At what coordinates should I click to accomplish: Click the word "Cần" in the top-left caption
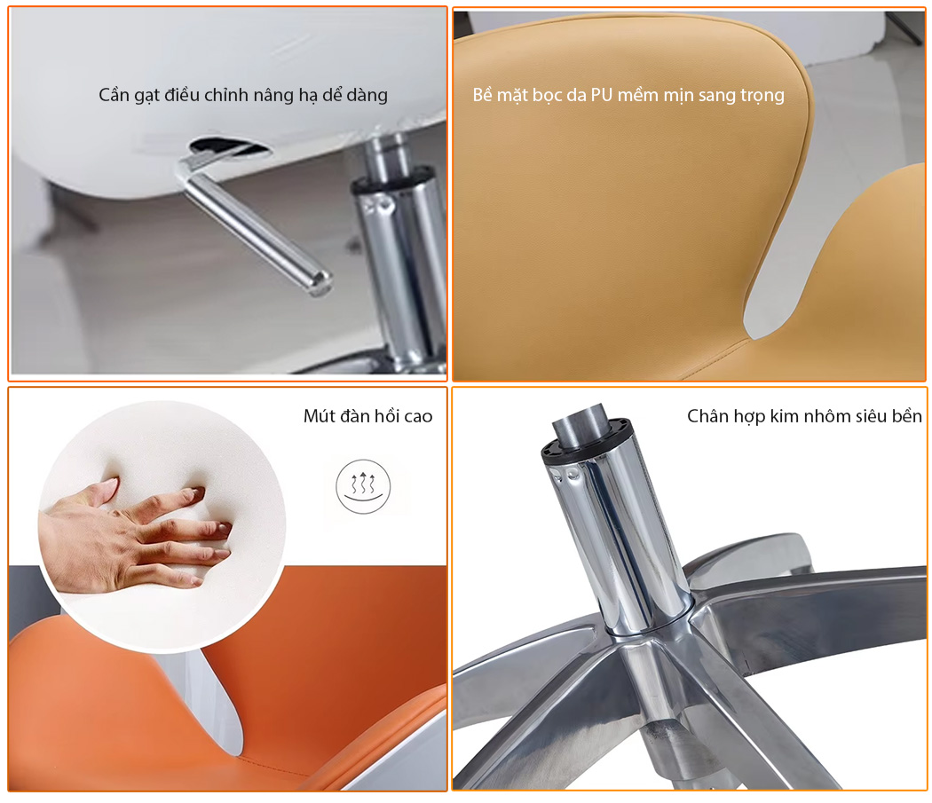click(113, 95)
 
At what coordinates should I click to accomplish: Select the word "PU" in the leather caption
click(602, 95)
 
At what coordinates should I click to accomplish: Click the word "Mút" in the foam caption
click(318, 416)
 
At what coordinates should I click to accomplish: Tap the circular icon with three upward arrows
click(363, 486)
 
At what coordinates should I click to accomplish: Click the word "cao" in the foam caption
click(418, 417)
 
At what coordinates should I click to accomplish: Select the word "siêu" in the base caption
click(872, 416)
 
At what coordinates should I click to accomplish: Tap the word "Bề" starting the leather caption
click(482, 95)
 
